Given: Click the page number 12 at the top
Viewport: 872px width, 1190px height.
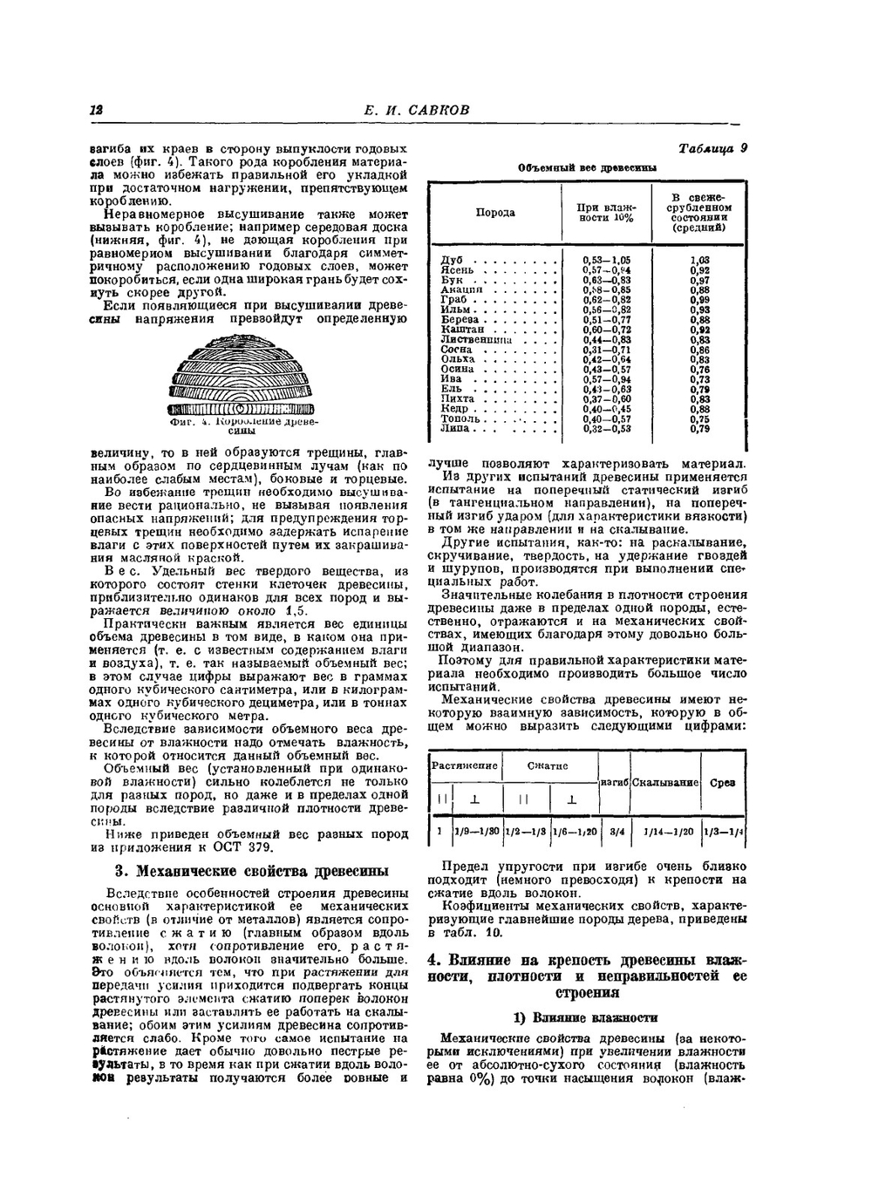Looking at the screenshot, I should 96,110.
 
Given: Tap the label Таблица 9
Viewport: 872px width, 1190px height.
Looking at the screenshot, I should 712,148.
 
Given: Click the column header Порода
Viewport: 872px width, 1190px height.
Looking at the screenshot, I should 495,213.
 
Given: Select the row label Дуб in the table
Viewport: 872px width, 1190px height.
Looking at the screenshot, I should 452,260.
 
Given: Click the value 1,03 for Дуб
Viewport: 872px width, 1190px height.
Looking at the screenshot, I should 699,260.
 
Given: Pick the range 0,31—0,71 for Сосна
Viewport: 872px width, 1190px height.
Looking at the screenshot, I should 608,350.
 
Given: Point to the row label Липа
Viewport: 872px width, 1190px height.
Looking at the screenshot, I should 455,429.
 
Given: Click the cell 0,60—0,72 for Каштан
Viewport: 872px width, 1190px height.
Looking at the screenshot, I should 607,330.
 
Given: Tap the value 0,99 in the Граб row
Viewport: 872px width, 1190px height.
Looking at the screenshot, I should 699,300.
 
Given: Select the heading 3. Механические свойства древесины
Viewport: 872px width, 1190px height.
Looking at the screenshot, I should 251,871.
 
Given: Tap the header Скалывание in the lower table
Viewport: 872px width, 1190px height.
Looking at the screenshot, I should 665,783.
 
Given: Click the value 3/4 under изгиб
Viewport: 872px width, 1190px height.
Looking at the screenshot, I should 616,832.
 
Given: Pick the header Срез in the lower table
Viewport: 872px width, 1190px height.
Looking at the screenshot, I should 723,783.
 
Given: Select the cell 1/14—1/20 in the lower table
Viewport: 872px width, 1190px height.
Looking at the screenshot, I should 667,832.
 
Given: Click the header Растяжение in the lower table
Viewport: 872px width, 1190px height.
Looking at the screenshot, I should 465,765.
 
